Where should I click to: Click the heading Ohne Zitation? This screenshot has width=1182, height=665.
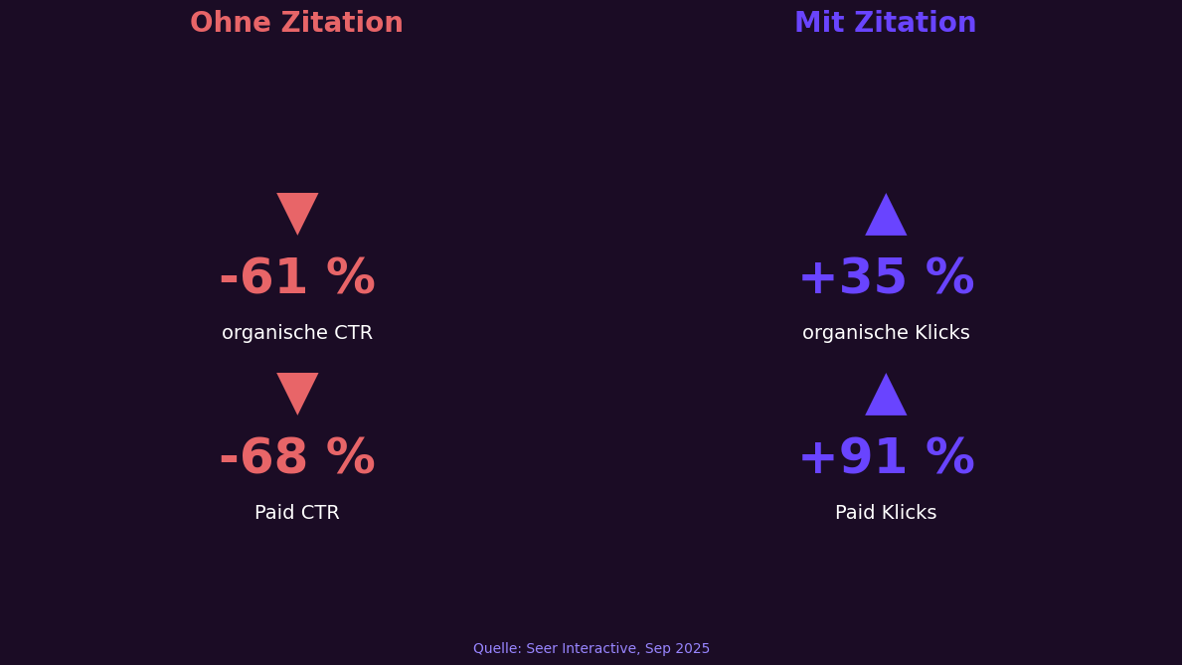pyautogui.click(x=296, y=23)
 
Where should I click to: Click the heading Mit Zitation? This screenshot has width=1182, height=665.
pyautogui.click(x=885, y=23)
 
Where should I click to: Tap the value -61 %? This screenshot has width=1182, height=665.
pyautogui.click(x=296, y=278)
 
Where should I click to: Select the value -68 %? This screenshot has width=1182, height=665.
pyautogui.click(x=296, y=458)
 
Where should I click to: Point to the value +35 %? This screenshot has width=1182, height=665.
pyautogui.click(x=886, y=278)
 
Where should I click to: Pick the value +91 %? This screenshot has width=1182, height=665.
pyautogui.click(x=886, y=458)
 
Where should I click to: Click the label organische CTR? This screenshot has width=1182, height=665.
pyautogui.click(x=296, y=333)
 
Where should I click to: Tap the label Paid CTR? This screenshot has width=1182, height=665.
pyautogui.click(x=296, y=513)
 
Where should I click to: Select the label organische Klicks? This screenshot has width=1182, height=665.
pyautogui.click(x=886, y=333)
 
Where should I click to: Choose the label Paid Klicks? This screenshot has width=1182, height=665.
pyautogui.click(x=886, y=513)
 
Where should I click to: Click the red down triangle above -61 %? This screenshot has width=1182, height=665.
pyautogui.click(x=297, y=211)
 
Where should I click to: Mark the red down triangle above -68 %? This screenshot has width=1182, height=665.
pyautogui.click(x=297, y=391)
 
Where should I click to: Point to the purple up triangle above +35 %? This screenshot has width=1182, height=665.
pyautogui.click(x=886, y=218)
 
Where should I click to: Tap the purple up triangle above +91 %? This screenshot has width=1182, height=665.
pyautogui.click(x=886, y=398)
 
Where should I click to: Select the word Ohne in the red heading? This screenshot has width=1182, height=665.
pyautogui.click(x=229, y=23)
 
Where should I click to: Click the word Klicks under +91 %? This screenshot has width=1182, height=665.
pyautogui.click(x=910, y=513)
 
